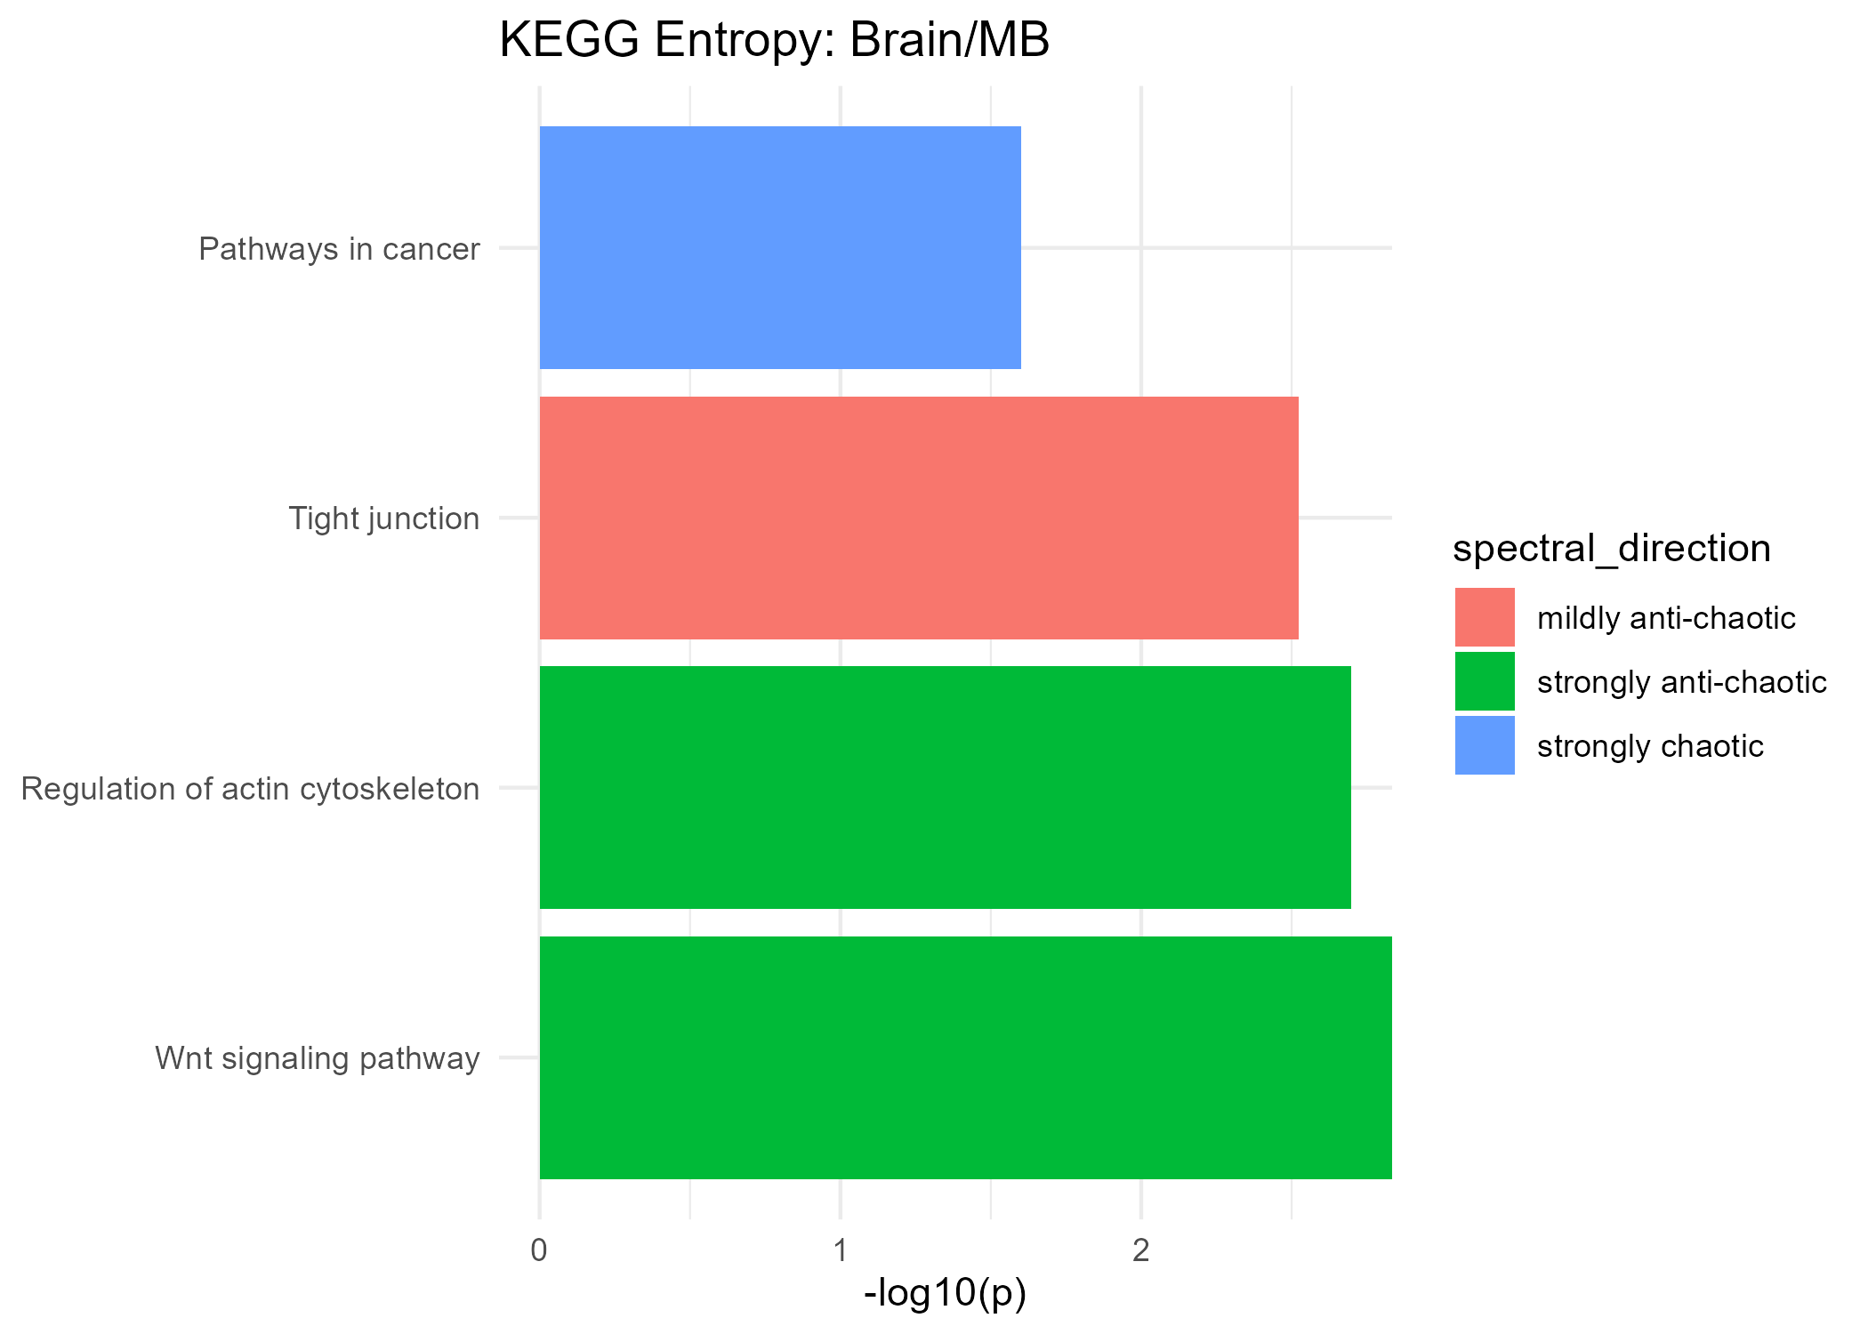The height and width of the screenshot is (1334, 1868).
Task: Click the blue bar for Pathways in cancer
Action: (780, 247)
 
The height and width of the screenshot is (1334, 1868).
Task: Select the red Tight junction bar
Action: (919, 518)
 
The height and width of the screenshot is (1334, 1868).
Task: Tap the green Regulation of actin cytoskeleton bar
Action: (945, 787)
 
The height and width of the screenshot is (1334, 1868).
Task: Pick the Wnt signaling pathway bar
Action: (965, 1057)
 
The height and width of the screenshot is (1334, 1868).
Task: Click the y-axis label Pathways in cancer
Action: (339, 249)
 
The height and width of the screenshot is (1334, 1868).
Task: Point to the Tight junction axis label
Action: (384, 518)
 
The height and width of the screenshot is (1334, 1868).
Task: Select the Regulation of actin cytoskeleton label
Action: (250, 789)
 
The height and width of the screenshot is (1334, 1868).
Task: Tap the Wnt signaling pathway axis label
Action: (318, 1058)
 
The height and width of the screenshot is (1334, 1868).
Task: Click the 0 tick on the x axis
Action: (539, 1251)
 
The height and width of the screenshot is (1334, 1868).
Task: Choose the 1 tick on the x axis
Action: (840, 1251)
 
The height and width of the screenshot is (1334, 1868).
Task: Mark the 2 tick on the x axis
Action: (1140, 1251)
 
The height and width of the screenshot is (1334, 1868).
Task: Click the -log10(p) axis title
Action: (945, 1294)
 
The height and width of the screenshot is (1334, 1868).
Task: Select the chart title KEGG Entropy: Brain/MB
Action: (774, 41)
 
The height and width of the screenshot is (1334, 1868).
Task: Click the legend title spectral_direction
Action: (1611, 549)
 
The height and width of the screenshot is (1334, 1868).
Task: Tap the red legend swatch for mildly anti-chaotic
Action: (1485, 617)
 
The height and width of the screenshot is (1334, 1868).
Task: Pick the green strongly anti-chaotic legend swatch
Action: (1485, 681)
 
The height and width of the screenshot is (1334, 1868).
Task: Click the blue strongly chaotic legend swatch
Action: (1485, 745)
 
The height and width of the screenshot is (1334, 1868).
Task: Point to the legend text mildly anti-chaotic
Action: (1666, 618)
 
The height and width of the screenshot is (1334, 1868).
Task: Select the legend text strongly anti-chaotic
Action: (1681, 682)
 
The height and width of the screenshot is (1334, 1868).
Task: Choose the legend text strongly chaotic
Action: (1650, 746)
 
